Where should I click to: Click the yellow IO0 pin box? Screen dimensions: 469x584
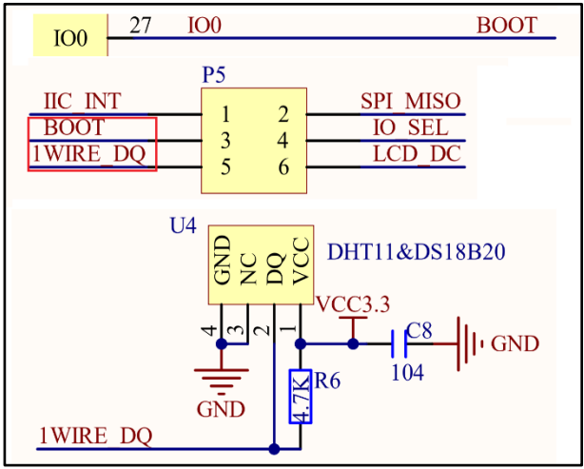pyautogui.click(x=69, y=38)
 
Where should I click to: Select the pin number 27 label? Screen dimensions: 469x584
pyautogui.click(x=141, y=26)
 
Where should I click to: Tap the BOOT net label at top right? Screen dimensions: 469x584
pyautogui.click(x=506, y=26)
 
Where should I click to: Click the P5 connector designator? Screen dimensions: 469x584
pyautogui.click(x=215, y=74)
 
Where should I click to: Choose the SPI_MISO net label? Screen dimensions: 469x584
pyautogui.click(x=410, y=102)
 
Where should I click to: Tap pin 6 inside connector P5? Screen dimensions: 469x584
pyautogui.click(x=283, y=167)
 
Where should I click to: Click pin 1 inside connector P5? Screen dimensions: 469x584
pyautogui.click(x=225, y=115)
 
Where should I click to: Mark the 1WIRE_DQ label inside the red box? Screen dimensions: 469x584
pyautogui.click(x=92, y=154)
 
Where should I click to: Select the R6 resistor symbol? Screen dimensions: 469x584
pyautogui.click(x=300, y=395)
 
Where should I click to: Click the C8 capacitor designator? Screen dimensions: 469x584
pyautogui.click(x=419, y=331)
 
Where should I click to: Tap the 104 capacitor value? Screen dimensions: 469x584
pyautogui.click(x=407, y=373)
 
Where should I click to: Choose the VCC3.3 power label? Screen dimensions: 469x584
pyautogui.click(x=354, y=305)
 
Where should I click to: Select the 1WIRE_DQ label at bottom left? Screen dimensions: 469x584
pyautogui.click(x=94, y=436)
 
